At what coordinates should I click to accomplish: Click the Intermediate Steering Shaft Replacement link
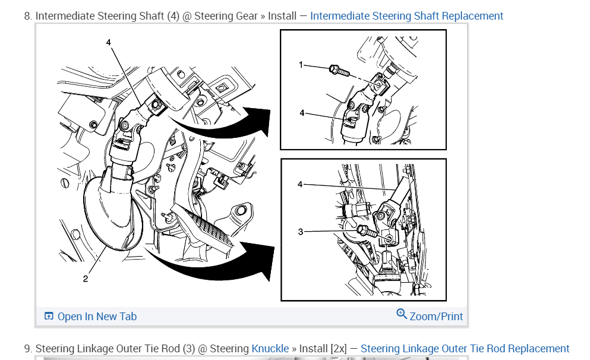pyautogui.click(x=406, y=16)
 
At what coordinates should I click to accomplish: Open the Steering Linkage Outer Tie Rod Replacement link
pyautogui.click(x=465, y=349)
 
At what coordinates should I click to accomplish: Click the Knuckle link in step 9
pyautogui.click(x=270, y=349)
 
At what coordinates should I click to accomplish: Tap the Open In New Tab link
pyautogui.click(x=97, y=317)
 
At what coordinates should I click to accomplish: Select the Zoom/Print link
pyautogui.click(x=436, y=317)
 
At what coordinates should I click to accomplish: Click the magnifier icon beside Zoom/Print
pyautogui.click(x=402, y=314)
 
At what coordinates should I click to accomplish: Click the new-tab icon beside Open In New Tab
pyautogui.click(x=49, y=317)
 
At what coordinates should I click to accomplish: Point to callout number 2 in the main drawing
pyautogui.click(x=85, y=279)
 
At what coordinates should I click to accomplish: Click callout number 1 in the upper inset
pyautogui.click(x=301, y=64)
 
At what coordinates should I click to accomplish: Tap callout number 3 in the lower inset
pyautogui.click(x=301, y=232)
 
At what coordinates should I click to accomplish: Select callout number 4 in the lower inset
pyautogui.click(x=301, y=185)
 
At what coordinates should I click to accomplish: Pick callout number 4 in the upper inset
pyautogui.click(x=302, y=112)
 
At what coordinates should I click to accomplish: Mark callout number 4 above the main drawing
pyautogui.click(x=108, y=42)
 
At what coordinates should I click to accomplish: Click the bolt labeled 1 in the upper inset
pyautogui.click(x=337, y=71)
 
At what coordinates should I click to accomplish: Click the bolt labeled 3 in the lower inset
pyautogui.click(x=366, y=233)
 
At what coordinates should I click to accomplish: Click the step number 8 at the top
pyautogui.click(x=27, y=16)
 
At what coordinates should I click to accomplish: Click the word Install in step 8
pyautogui.click(x=282, y=16)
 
